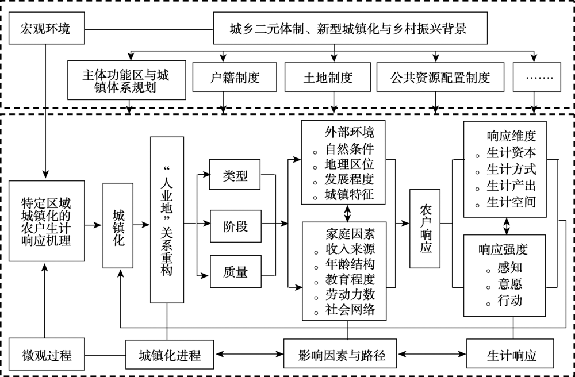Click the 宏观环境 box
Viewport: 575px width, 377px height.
tap(45, 28)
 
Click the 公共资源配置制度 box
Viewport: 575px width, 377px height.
tap(440, 76)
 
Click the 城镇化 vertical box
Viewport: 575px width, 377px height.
tap(118, 225)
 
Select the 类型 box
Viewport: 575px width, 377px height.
tap(235, 176)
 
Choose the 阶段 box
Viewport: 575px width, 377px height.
tap(235, 225)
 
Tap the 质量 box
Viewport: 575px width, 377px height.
tap(235, 272)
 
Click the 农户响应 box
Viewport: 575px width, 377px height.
tap(425, 229)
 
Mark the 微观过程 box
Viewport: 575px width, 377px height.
tap(45, 355)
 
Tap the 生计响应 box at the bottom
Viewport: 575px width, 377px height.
tap(511, 355)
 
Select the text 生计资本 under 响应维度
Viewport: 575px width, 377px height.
tap(511, 153)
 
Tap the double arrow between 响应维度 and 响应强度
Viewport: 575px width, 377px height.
tap(506, 225)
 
